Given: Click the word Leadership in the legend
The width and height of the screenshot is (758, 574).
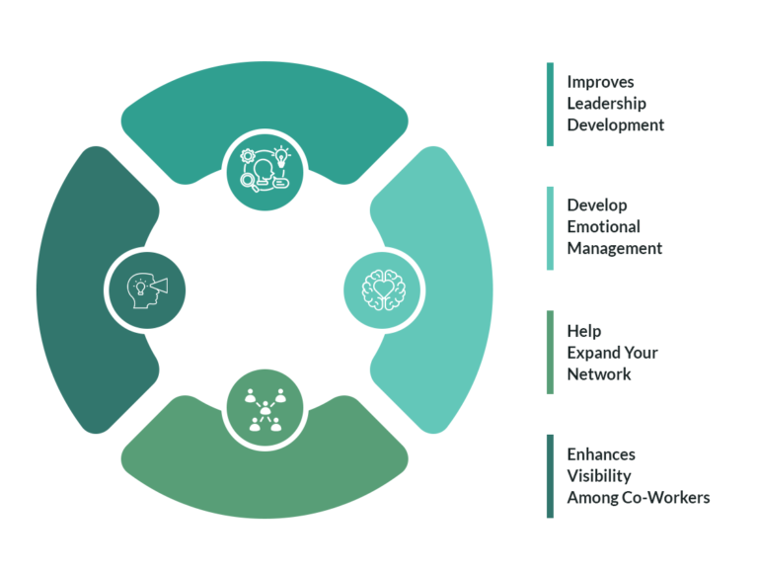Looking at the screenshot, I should point(607,104).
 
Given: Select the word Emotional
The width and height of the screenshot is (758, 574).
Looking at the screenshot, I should point(603,226).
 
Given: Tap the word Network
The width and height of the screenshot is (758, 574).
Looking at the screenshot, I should point(598,373).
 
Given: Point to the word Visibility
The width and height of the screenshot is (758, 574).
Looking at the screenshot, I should point(598,476).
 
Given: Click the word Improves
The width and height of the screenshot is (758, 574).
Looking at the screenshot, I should point(600,82).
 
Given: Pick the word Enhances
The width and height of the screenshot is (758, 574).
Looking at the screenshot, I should point(601,454).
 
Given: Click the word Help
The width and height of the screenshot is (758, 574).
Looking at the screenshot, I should point(583,331).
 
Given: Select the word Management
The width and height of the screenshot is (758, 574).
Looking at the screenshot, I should point(614,248).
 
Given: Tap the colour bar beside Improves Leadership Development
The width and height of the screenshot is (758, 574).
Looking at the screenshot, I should point(550,104).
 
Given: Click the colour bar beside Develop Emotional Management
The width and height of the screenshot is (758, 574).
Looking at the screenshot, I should point(550,227).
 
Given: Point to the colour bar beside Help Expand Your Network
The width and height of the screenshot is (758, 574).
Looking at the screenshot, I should point(550,352).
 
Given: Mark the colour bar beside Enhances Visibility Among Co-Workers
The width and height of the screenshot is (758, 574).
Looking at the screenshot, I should point(550,476).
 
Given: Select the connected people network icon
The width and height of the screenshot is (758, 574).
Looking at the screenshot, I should point(264,407).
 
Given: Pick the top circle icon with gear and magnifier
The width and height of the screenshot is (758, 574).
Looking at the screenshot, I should point(264,171).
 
